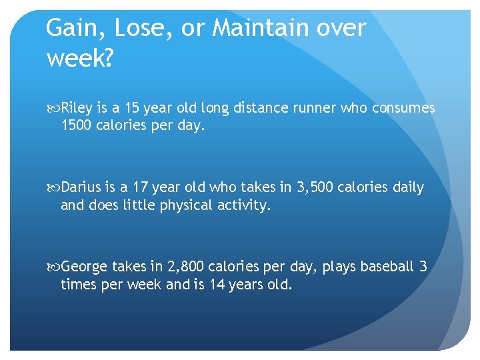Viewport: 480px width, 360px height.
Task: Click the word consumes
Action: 405,108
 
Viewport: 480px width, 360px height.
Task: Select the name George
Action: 84,267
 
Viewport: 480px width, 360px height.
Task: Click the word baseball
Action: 387,267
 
